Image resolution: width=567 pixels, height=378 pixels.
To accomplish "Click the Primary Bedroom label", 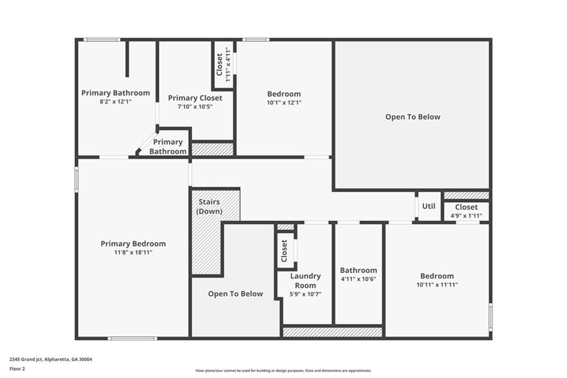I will (x=133, y=244).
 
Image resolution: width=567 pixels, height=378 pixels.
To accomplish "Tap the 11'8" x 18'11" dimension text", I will (x=133, y=253).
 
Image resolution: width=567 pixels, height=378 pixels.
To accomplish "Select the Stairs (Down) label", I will (x=210, y=207).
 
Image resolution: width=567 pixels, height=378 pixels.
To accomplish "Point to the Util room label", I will (x=429, y=206).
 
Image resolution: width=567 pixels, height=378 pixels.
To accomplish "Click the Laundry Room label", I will (x=306, y=280).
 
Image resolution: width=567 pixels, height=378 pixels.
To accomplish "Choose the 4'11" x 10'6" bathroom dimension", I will (x=358, y=279).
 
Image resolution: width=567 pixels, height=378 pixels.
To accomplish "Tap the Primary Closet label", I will (x=195, y=98).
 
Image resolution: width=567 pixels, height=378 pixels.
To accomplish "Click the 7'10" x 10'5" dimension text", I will (x=195, y=106).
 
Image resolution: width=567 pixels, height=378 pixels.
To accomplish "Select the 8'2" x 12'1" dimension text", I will (x=116, y=101).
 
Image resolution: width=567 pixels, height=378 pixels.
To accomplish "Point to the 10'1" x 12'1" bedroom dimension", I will (x=284, y=103).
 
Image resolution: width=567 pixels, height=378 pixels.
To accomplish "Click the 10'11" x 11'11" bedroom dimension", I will (x=437, y=285).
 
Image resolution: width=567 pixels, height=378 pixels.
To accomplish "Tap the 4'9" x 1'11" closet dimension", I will (x=466, y=216).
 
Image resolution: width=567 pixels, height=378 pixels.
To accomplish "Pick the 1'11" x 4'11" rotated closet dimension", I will (x=228, y=65).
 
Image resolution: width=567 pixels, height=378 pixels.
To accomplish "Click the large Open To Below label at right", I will (x=413, y=117).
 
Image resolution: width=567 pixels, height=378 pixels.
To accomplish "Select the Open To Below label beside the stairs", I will (x=235, y=294).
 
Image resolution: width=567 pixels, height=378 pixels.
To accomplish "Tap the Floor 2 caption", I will (x=18, y=368).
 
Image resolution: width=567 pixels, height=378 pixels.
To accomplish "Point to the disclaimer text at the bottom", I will (x=283, y=371).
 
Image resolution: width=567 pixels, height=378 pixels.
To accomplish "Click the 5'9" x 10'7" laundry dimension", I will (x=306, y=294).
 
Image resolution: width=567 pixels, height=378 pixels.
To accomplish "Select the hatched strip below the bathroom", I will (x=332, y=332).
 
